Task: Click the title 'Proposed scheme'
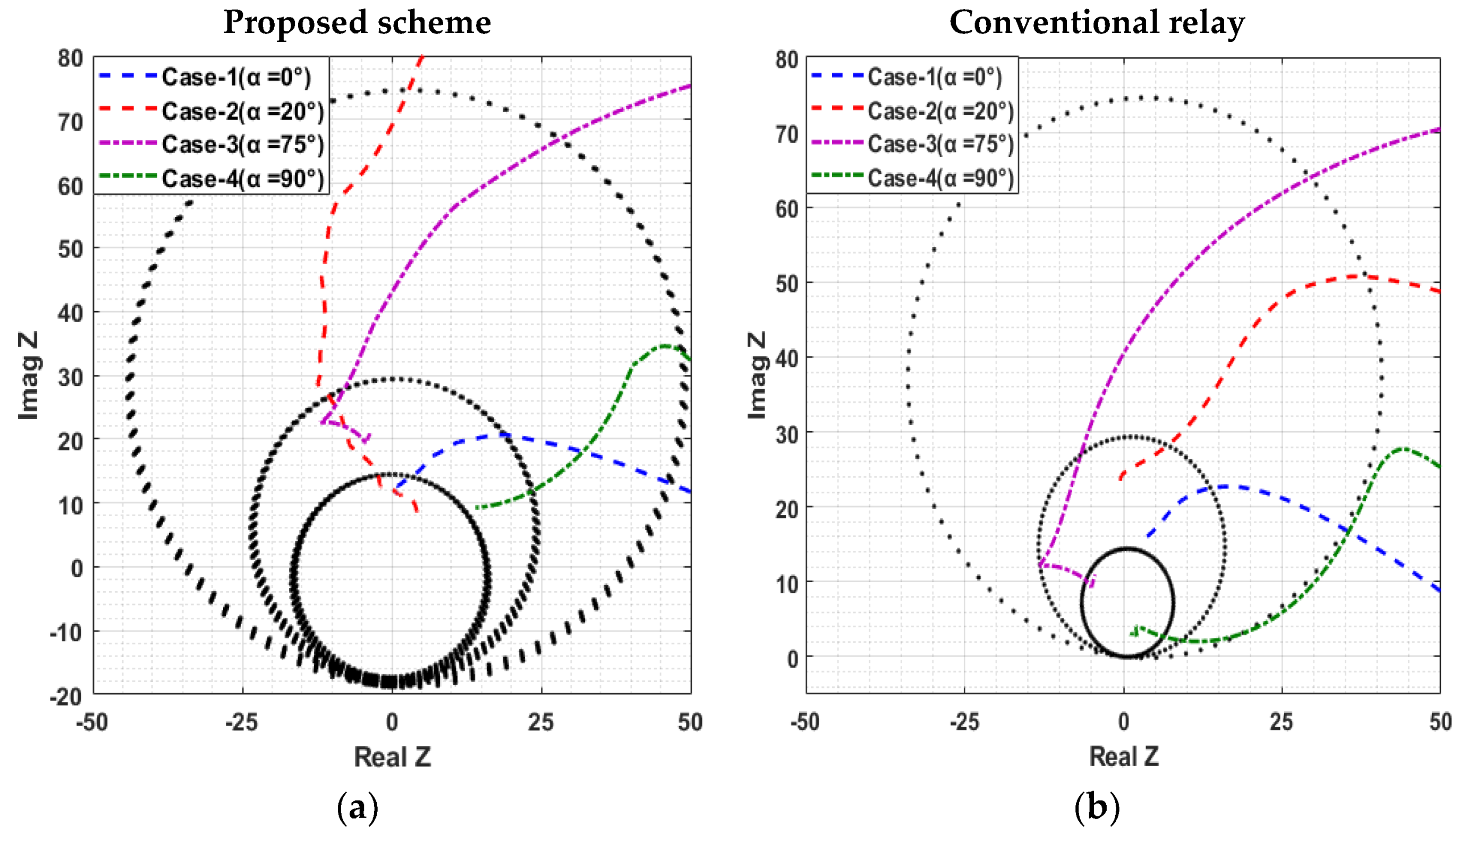pos(357,23)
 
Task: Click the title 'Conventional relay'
pos(1097,23)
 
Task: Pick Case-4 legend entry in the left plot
pos(242,179)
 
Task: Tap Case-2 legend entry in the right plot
pos(941,111)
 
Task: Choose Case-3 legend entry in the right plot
pos(941,144)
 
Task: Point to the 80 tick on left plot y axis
pos(71,58)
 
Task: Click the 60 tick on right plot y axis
pos(787,208)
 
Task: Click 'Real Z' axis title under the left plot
pos(392,756)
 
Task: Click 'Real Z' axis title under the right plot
pos(1123,756)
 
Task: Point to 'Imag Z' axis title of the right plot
pos(757,375)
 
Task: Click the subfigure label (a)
pos(357,808)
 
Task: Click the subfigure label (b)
pos(1097,808)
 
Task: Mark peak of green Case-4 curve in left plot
pos(665,346)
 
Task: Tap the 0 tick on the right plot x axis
pos(1123,722)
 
